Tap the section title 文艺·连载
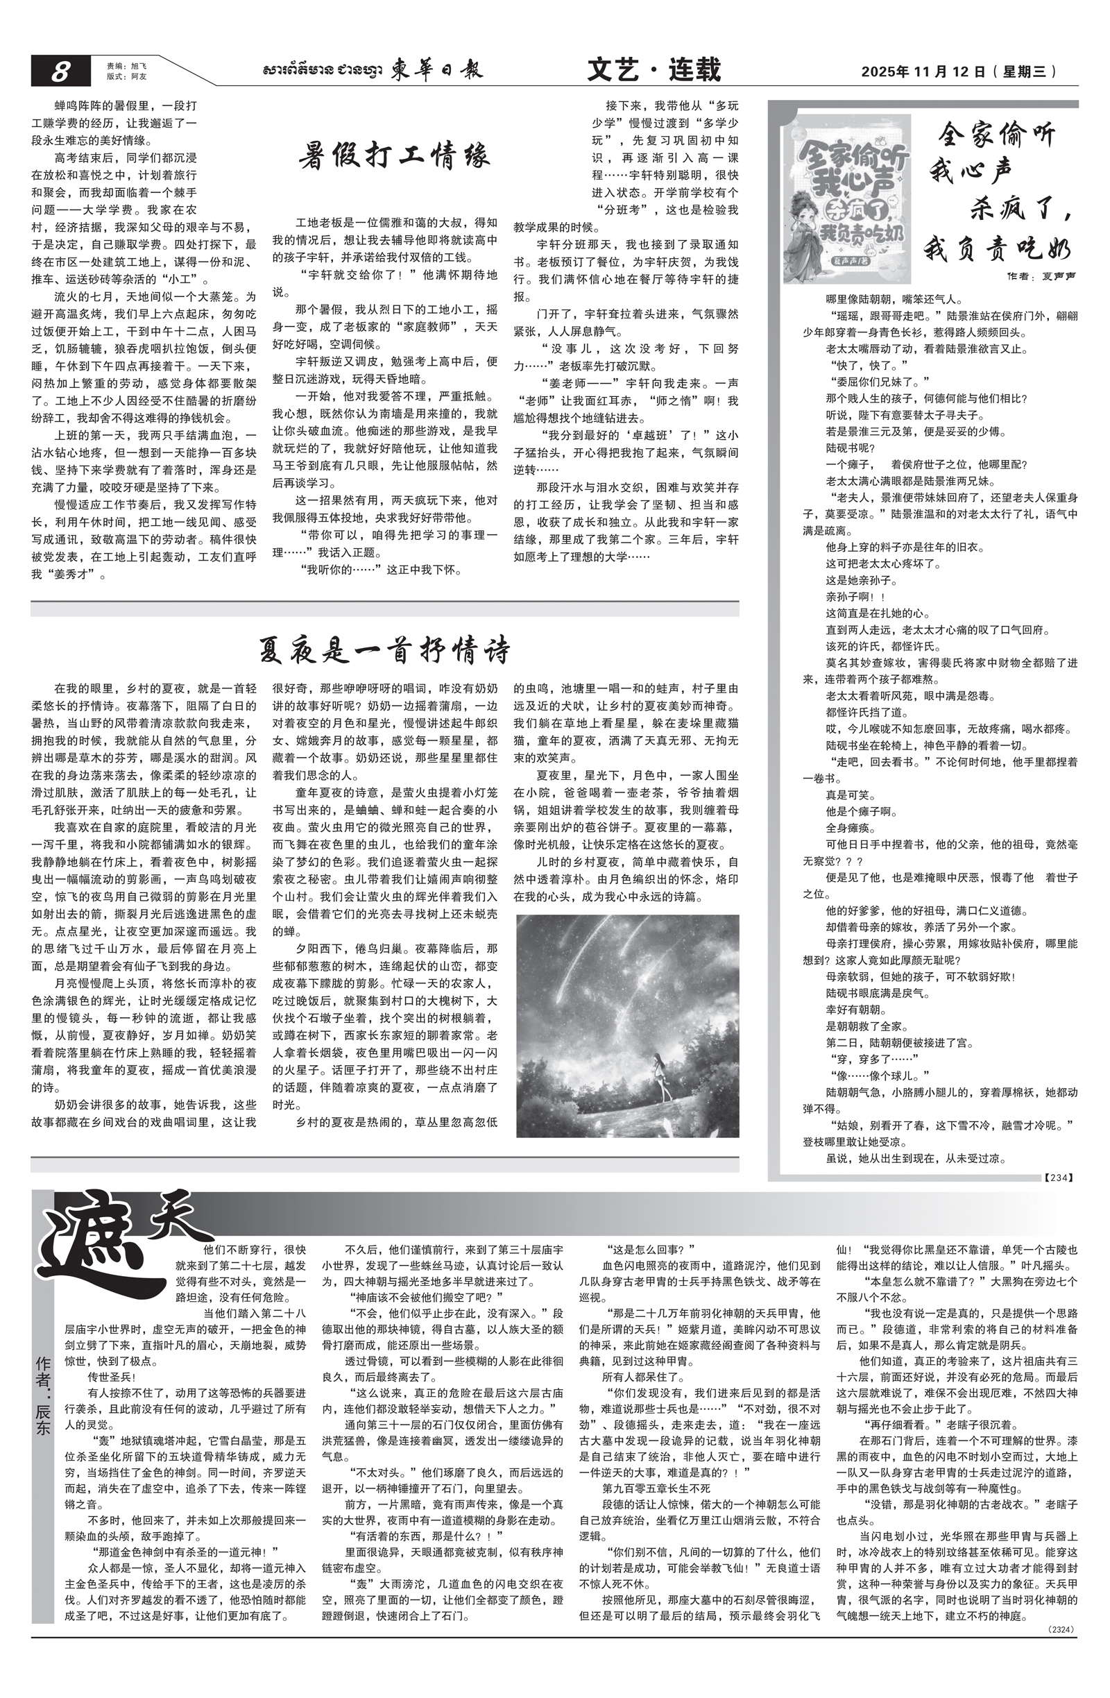(654, 70)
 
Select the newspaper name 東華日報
(436, 70)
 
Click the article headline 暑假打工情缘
(395, 155)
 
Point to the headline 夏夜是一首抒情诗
(384, 650)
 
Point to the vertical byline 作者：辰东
(43, 1410)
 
